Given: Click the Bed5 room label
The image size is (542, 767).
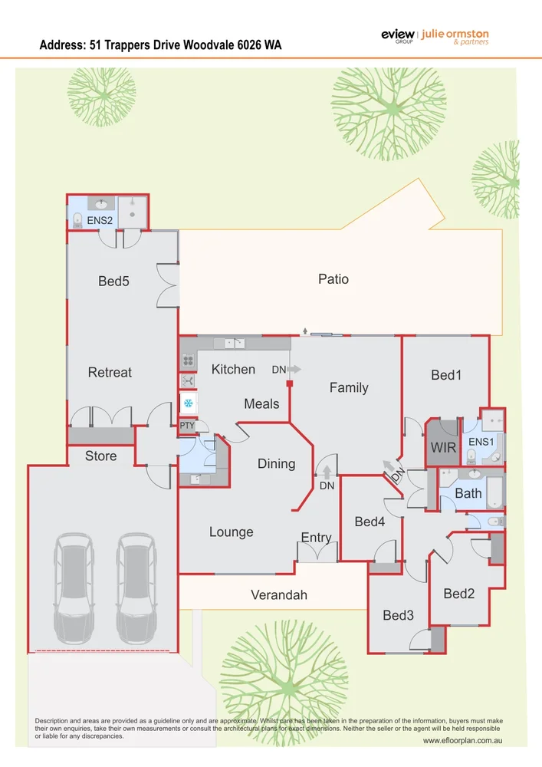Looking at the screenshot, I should (113, 281).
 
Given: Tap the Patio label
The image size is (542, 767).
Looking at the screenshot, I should (333, 279).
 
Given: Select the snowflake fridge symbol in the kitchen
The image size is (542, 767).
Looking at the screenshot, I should (188, 403).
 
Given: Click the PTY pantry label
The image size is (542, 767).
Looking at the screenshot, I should (187, 426).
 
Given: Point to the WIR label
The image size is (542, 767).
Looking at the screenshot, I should (442, 446).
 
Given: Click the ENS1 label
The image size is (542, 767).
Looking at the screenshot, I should (481, 442).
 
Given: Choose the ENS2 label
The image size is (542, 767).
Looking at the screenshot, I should (99, 220).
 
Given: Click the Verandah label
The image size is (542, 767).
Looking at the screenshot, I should (279, 594).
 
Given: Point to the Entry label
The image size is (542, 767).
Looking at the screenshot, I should (316, 537).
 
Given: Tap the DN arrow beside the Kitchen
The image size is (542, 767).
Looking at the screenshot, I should (294, 369).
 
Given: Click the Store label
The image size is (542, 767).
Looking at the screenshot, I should (100, 456).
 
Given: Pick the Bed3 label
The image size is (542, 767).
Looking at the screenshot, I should (398, 615).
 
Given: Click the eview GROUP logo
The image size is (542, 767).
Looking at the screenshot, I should (397, 37).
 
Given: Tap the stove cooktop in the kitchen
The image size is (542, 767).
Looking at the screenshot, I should (188, 360).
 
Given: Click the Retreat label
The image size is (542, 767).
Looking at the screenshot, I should (110, 372).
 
